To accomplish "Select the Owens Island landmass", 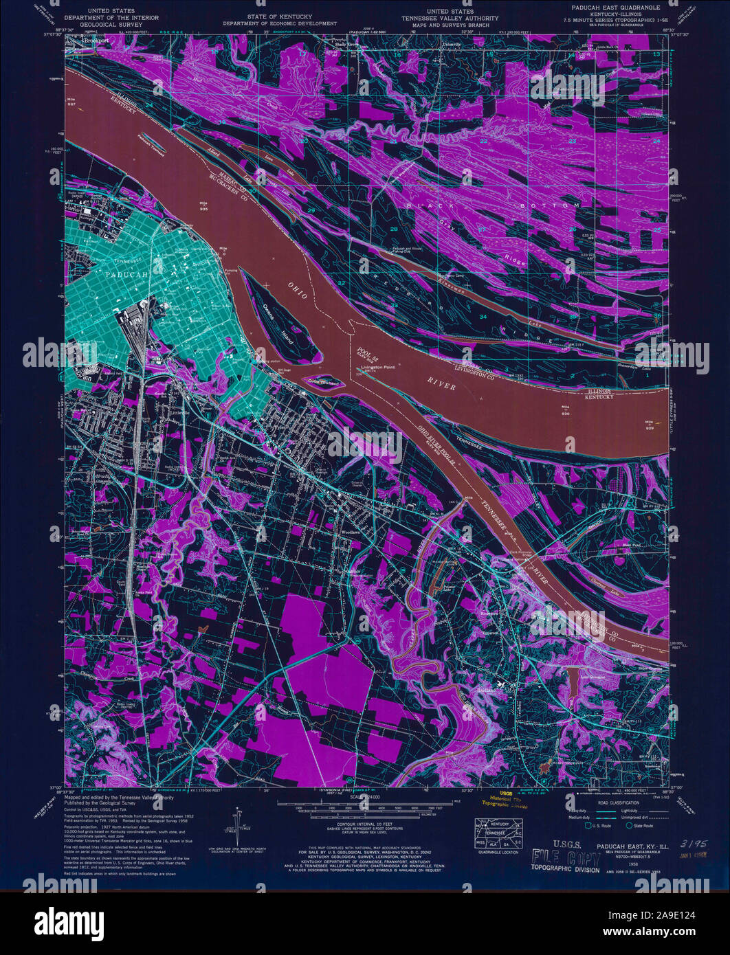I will [278, 323].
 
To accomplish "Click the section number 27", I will [482, 228].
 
